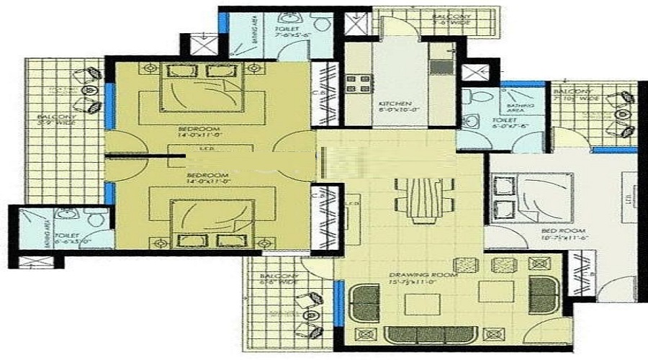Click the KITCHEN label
(395, 104)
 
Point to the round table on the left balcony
(90, 90)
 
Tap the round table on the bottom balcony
(311, 315)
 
